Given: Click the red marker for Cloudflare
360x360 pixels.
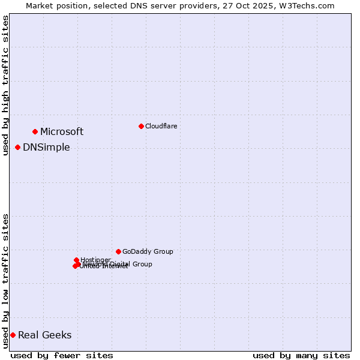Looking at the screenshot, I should (141, 126).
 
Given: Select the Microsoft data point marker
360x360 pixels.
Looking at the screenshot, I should (35, 131).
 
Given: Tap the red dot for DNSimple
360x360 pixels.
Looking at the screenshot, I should (18, 147).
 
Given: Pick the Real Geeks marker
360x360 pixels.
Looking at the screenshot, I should (13, 335).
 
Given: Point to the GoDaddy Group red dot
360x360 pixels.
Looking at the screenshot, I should (118, 251).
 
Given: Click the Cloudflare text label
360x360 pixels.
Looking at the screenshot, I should (161, 126).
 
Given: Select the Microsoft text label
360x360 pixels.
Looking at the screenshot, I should (62, 131).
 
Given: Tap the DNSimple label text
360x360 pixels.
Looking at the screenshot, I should (46, 147).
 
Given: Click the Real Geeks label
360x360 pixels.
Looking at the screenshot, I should (44, 335).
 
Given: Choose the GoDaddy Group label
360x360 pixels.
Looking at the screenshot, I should (148, 251).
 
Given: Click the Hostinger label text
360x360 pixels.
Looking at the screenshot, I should (95, 260).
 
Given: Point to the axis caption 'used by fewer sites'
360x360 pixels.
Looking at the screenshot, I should (62, 355).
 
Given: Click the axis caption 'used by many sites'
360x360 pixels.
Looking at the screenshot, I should (301, 355).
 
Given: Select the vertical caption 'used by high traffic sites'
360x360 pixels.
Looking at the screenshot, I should (6, 85).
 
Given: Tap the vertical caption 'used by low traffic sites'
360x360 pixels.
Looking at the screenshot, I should (6, 281).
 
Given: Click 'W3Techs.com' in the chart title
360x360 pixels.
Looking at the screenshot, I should (310, 5).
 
